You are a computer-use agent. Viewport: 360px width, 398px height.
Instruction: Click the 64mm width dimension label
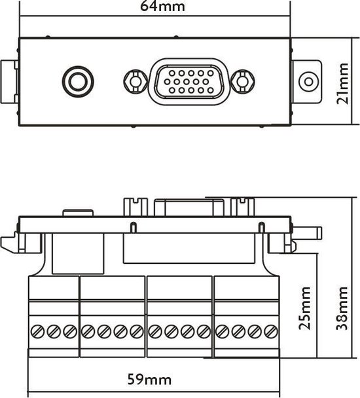163,7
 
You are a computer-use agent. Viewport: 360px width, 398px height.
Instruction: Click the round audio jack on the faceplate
77,82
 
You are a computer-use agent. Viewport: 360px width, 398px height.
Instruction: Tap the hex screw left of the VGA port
134,82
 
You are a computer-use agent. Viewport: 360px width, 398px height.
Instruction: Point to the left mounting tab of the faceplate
10,82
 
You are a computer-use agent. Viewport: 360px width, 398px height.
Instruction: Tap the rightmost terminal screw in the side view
269,332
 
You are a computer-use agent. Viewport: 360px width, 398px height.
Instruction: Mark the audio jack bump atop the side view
78,213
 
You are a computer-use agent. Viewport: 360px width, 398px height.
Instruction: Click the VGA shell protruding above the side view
189,206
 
